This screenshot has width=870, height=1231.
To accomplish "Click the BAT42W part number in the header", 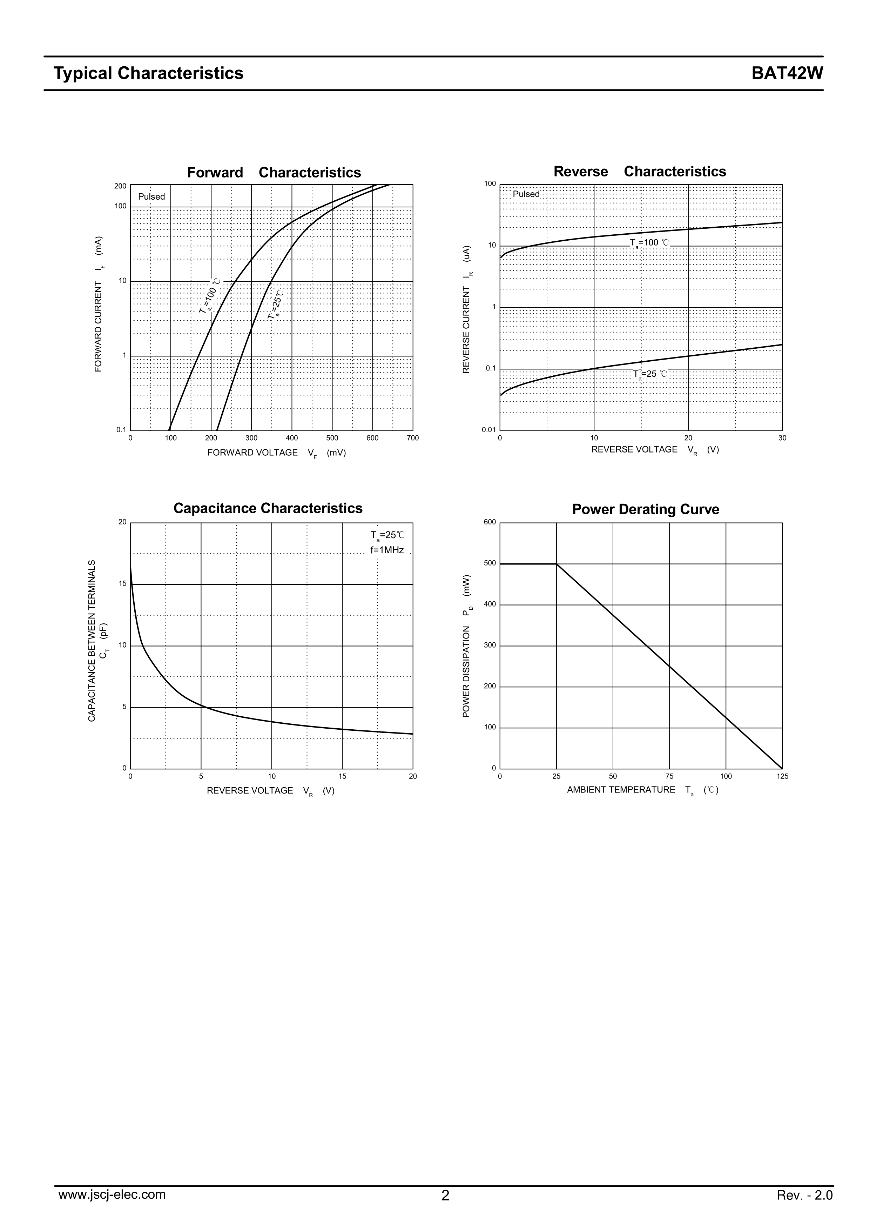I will click(787, 73).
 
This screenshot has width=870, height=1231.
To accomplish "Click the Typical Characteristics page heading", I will click(148, 73).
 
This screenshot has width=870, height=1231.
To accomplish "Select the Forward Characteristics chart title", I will click(274, 173).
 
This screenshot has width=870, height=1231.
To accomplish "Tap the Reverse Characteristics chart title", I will click(640, 172).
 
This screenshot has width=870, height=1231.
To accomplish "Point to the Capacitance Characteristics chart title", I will click(268, 508).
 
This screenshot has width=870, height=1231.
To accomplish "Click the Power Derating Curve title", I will click(645, 509).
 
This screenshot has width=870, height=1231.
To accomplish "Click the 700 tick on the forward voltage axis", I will click(413, 438).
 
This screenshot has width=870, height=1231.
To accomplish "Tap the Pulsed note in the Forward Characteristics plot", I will click(152, 197).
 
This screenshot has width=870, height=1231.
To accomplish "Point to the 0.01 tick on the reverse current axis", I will click(488, 430).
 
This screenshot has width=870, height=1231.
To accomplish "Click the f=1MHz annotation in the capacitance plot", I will click(387, 550).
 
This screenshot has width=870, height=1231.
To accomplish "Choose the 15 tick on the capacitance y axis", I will click(123, 584).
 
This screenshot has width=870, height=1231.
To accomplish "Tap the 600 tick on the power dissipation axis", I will click(490, 522).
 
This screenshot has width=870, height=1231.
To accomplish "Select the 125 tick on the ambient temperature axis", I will click(782, 776).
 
